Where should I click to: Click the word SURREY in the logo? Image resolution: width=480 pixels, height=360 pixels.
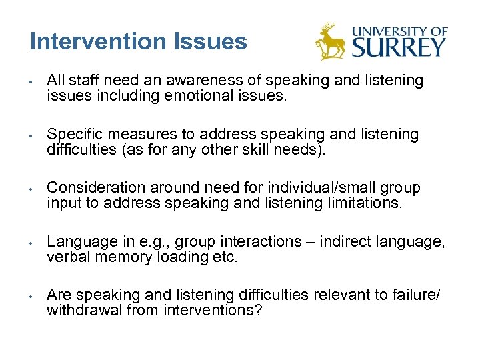click(x=399, y=47)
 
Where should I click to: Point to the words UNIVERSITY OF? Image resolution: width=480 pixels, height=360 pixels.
click(x=400, y=31)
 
